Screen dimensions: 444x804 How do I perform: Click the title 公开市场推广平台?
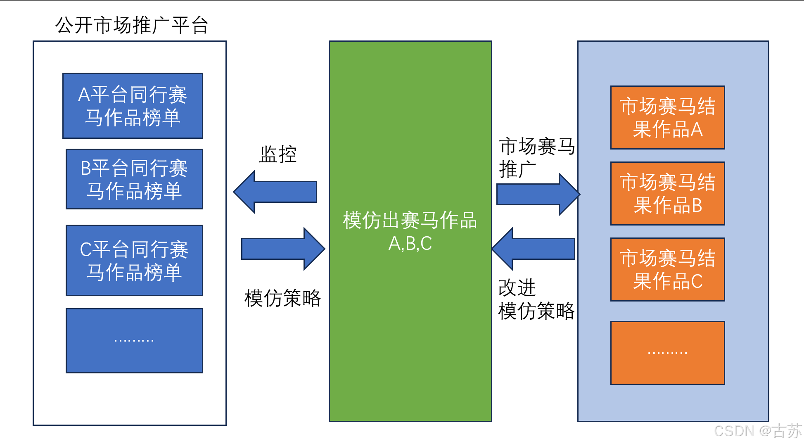[x=131, y=25]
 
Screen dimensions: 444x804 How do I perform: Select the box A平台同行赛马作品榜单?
[x=133, y=106]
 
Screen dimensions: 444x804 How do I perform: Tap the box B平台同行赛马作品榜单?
[x=134, y=179]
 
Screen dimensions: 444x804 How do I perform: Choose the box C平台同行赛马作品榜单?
[x=134, y=260]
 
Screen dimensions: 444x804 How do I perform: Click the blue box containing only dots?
[x=134, y=341]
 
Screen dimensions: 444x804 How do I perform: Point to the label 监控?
[x=278, y=154]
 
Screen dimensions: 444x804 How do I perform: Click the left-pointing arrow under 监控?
[x=276, y=192]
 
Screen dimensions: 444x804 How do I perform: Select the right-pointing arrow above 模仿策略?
[x=283, y=249]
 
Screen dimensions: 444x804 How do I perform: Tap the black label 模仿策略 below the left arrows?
[x=282, y=298]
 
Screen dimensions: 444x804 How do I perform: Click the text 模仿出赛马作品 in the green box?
[x=410, y=220]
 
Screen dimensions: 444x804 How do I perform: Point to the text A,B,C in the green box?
[x=410, y=244]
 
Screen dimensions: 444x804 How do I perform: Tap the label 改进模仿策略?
[x=536, y=299]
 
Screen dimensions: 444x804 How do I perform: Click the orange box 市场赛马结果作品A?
[x=667, y=118]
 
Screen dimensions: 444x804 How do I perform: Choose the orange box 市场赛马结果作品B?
[x=667, y=193]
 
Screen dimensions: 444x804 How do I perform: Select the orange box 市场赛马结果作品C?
[x=667, y=269]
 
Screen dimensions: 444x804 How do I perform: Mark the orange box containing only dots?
[x=667, y=353]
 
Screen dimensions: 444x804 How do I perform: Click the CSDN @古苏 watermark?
[x=757, y=431]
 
